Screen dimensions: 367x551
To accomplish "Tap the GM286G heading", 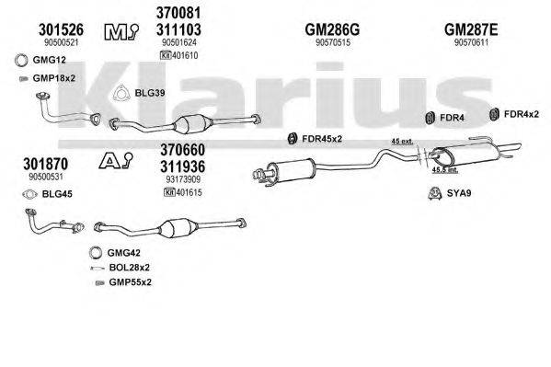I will click(331, 29).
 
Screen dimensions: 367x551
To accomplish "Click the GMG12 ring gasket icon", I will click(21, 62).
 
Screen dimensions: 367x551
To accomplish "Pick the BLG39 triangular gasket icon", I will click(120, 92).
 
